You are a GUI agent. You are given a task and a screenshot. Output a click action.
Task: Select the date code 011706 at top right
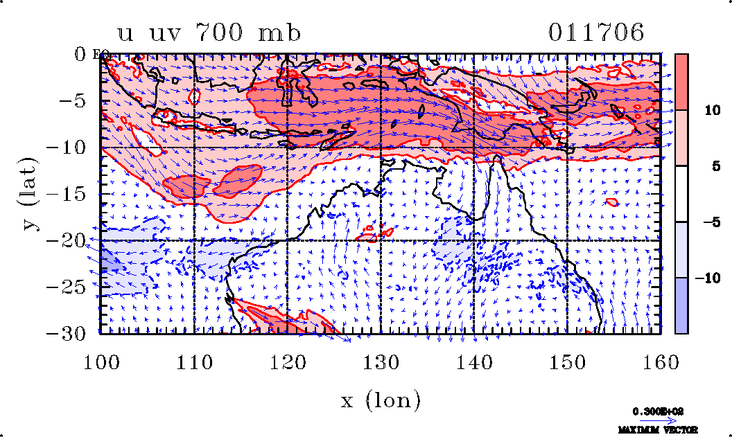597,33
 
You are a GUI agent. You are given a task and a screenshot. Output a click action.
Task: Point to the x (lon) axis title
381,400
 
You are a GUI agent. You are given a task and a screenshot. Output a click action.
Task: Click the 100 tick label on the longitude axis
101,362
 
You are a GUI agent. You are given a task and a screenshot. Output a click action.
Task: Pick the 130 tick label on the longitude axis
381,362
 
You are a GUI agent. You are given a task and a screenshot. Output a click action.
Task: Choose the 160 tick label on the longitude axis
661,362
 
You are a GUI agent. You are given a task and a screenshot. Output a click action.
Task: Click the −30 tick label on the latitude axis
71,332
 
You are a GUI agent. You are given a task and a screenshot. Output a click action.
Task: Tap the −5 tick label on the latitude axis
76,100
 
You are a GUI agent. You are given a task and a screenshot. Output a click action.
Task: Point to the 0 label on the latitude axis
81,54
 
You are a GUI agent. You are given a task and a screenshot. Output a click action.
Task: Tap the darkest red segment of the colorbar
681,82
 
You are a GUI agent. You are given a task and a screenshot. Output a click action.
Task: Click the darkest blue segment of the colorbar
681,305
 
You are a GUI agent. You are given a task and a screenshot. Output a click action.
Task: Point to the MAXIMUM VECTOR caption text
659,429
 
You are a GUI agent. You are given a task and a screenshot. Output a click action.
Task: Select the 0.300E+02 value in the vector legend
659,411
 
